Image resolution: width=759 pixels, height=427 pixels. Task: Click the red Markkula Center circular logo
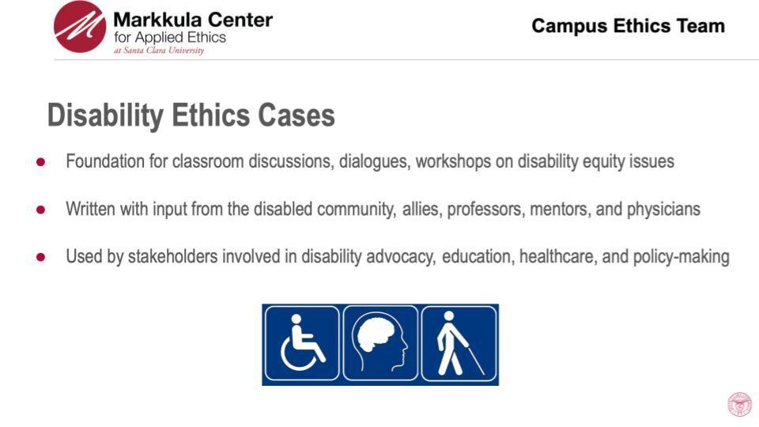click(x=80, y=27)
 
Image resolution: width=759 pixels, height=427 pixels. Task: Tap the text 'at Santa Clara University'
click(x=159, y=51)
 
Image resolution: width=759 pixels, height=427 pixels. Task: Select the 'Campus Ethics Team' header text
click(x=628, y=26)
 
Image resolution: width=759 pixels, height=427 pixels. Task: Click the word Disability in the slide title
click(x=104, y=115)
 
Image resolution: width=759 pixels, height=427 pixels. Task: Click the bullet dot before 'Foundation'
click(x=41, y=162)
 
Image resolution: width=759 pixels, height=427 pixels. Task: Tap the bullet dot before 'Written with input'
click(x=41, y=210)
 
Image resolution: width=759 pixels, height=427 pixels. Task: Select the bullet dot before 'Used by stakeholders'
click(x=41, y=257)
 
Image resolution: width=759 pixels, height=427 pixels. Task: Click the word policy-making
click(x=681, y=257)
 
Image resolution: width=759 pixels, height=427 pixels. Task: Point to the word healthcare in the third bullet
click(x=554, y=257)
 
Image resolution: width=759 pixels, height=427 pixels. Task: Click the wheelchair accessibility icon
click(x=302, y=344)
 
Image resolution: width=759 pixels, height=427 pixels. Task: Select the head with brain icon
click(x=380, y=344)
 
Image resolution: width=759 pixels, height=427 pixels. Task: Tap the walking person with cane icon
click(x=459, y=344)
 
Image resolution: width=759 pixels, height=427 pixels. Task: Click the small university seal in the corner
click(x=739, y=404)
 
